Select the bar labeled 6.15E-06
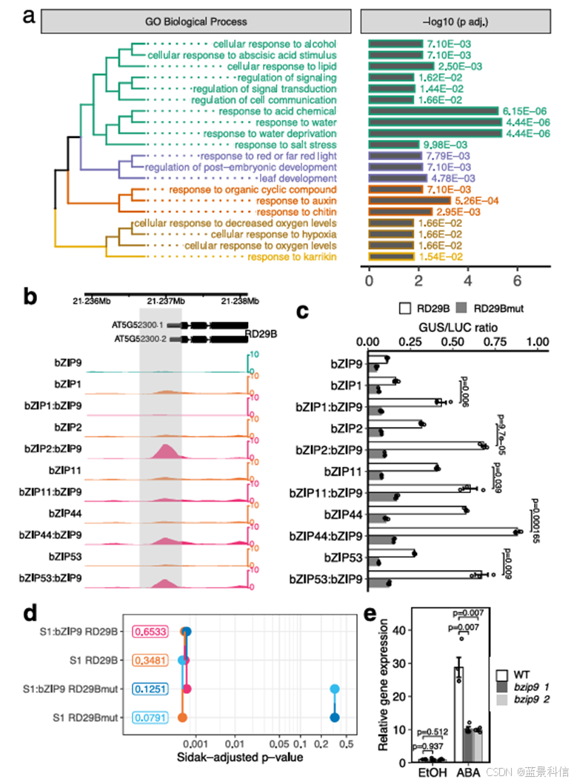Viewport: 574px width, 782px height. tap(433, 111)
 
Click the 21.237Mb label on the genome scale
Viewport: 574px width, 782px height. tap(166, 300)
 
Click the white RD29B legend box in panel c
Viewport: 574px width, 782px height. tap(404, 306)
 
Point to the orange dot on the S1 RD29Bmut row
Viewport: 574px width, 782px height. tap(182, 717)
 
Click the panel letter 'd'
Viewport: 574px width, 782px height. tap(30, 614)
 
